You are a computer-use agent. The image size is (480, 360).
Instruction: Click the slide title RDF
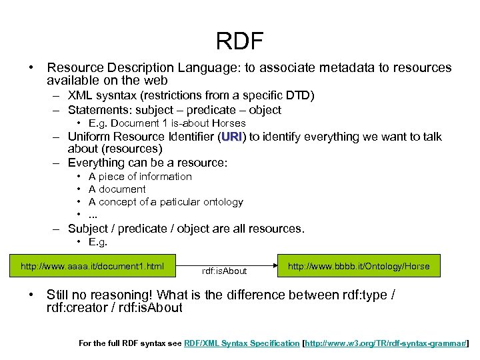click(240, 41)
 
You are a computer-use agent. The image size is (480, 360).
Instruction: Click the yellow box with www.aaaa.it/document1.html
click(93, 267)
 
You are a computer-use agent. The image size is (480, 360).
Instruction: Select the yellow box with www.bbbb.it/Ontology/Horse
click(359, 267)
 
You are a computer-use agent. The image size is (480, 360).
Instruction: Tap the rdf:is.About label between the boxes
click(224, 271)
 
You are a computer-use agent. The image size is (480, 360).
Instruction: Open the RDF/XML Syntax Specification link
click(242, 343)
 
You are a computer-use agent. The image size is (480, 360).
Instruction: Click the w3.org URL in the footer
click(387, 343)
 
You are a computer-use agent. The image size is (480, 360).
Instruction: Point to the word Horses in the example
click(229, 123)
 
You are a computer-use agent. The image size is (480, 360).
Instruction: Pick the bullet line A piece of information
click(140, 177)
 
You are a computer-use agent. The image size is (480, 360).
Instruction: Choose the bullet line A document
click(117, 189)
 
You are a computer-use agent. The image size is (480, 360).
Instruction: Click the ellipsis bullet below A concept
click(93, 215)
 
